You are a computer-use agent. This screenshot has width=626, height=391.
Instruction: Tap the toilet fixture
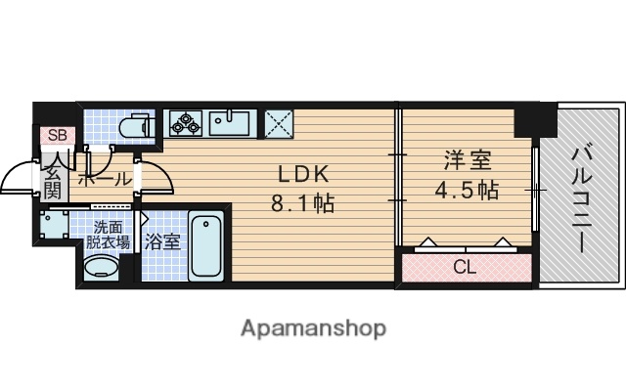pyautogui.click(x=132, y=127)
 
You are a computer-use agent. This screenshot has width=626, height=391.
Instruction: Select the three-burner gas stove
pyautogui.click(x=186, y=123)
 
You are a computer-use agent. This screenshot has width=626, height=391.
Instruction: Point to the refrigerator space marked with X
pyautogui.click(x=279, y=124)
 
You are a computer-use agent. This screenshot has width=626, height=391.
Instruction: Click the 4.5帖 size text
pyautogui.click(x=466, y=188)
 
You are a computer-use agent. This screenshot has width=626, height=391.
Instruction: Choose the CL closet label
pyautogui.click(x=465, y=267)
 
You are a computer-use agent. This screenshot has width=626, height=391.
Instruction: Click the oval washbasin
pyautogui.click(x=100, y=271)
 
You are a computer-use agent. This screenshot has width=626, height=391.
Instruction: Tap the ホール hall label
pyautogui.click(x=104, y=180)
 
